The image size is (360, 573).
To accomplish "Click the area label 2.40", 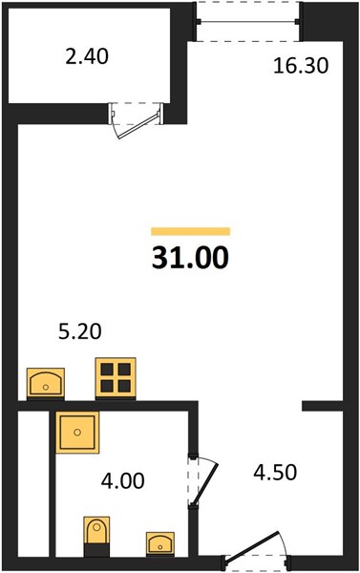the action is pos(87,57).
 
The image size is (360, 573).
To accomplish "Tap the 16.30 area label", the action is pos(301,66).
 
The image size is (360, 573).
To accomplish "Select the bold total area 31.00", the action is pos(190,257).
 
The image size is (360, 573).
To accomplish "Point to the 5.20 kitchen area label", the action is pos(79,332).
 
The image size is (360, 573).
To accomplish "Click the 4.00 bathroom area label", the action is pos(123,481).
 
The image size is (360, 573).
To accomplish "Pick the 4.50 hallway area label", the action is pos(275,472).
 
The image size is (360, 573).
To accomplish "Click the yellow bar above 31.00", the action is pos(190,231).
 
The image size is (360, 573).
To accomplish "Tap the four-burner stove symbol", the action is pos(116,377).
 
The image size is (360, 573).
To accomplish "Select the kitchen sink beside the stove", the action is pos(46,382).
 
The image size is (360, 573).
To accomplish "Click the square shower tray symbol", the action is pos(77,433).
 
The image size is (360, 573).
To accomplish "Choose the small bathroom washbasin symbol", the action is pos(160,543).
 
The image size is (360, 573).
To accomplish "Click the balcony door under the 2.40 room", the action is pos(137,120).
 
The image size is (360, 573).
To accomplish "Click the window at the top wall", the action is pos(248,22).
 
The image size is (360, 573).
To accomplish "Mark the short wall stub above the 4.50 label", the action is pos(323,406).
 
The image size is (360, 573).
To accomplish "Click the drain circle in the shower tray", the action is pos(77,433).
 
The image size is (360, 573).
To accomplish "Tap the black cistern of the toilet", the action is pos(96,550).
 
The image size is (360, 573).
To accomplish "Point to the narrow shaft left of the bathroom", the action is pos(33,484).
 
